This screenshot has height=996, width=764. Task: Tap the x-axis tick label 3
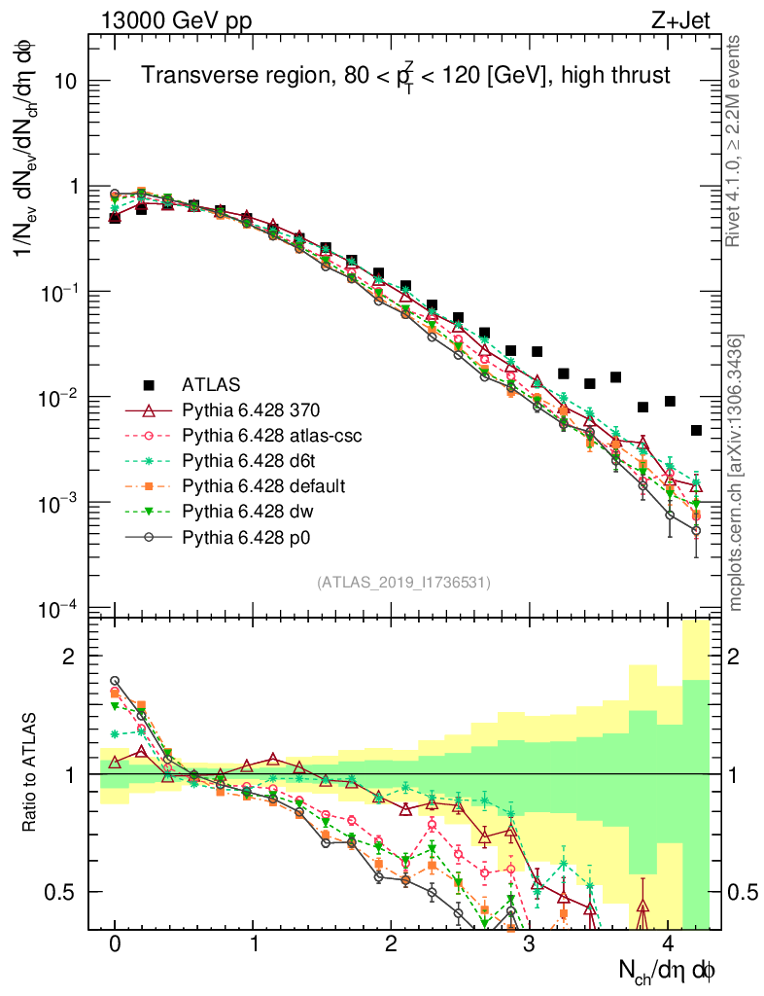(x=529, y=944)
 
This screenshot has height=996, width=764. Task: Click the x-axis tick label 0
(x=115, y=944)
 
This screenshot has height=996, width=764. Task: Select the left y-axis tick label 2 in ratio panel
(x=69, y=657)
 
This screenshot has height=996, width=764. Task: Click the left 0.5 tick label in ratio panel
(x=60, y=891)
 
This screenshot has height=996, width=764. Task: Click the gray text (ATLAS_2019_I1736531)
(x=403, y=583)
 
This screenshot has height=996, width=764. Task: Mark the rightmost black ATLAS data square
(x=696, y=430)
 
